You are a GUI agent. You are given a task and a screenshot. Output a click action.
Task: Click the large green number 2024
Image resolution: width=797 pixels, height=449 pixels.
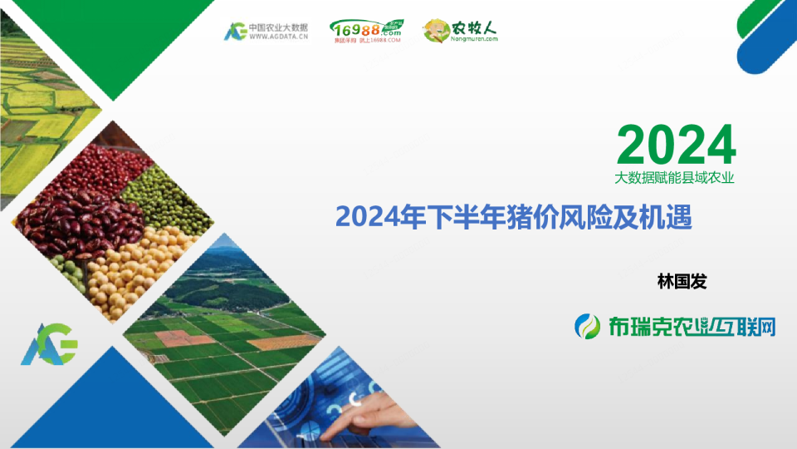click(676, 146)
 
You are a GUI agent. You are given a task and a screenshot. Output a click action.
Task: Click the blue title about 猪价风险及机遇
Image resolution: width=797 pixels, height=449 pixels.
click(513, 217)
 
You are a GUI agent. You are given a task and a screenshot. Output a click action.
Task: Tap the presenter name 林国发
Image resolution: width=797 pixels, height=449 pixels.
click(682, 282)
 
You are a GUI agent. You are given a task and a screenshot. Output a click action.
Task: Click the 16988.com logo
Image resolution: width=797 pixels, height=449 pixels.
click(366, 32)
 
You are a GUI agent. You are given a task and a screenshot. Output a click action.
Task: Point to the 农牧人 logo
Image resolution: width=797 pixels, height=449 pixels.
click(461, 32)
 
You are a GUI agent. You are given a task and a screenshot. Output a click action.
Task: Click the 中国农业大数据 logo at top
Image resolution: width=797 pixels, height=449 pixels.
click(266, 32)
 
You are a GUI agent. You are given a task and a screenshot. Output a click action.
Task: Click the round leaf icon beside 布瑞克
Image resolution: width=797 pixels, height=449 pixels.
click(589, 327)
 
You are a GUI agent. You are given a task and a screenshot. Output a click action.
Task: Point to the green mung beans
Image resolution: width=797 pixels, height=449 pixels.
click(166, 195)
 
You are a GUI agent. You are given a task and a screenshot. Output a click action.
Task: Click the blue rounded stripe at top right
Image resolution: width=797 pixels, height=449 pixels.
click(768, 46)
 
